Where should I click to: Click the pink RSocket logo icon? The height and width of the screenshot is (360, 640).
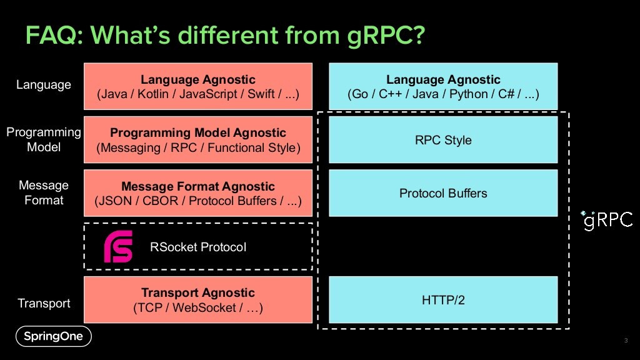[x=118, y=246]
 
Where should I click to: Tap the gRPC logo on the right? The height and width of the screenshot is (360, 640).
[x=607, y=221]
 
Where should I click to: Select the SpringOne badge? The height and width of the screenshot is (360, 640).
[x=54, y=336]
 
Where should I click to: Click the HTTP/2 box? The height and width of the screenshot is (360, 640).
[x=443, y=300]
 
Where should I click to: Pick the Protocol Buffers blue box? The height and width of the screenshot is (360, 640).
[x=443, y=193]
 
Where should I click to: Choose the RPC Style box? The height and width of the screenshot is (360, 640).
[x=443, y=140]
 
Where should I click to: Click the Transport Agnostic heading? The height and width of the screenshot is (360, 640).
[x=198, y=292]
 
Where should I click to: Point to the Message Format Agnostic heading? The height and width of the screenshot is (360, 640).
[x=198, y=186]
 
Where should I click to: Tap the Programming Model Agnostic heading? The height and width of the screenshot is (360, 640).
[x=198, y=132]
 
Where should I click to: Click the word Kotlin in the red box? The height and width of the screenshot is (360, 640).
[x=152, y=94]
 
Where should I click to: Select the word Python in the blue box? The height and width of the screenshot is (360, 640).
[x=469, y=94]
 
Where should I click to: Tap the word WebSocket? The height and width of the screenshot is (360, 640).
[x=204, y=307]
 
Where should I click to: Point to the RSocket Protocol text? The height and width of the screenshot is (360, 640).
[x=198, y=247]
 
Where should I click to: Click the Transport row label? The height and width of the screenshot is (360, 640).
[x=44, y=303]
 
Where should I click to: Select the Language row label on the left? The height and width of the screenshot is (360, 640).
[x=44, y=85]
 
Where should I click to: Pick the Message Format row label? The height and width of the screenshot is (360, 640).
[x=44, y=192]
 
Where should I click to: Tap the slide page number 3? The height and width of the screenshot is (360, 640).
[x=626, y=341]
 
